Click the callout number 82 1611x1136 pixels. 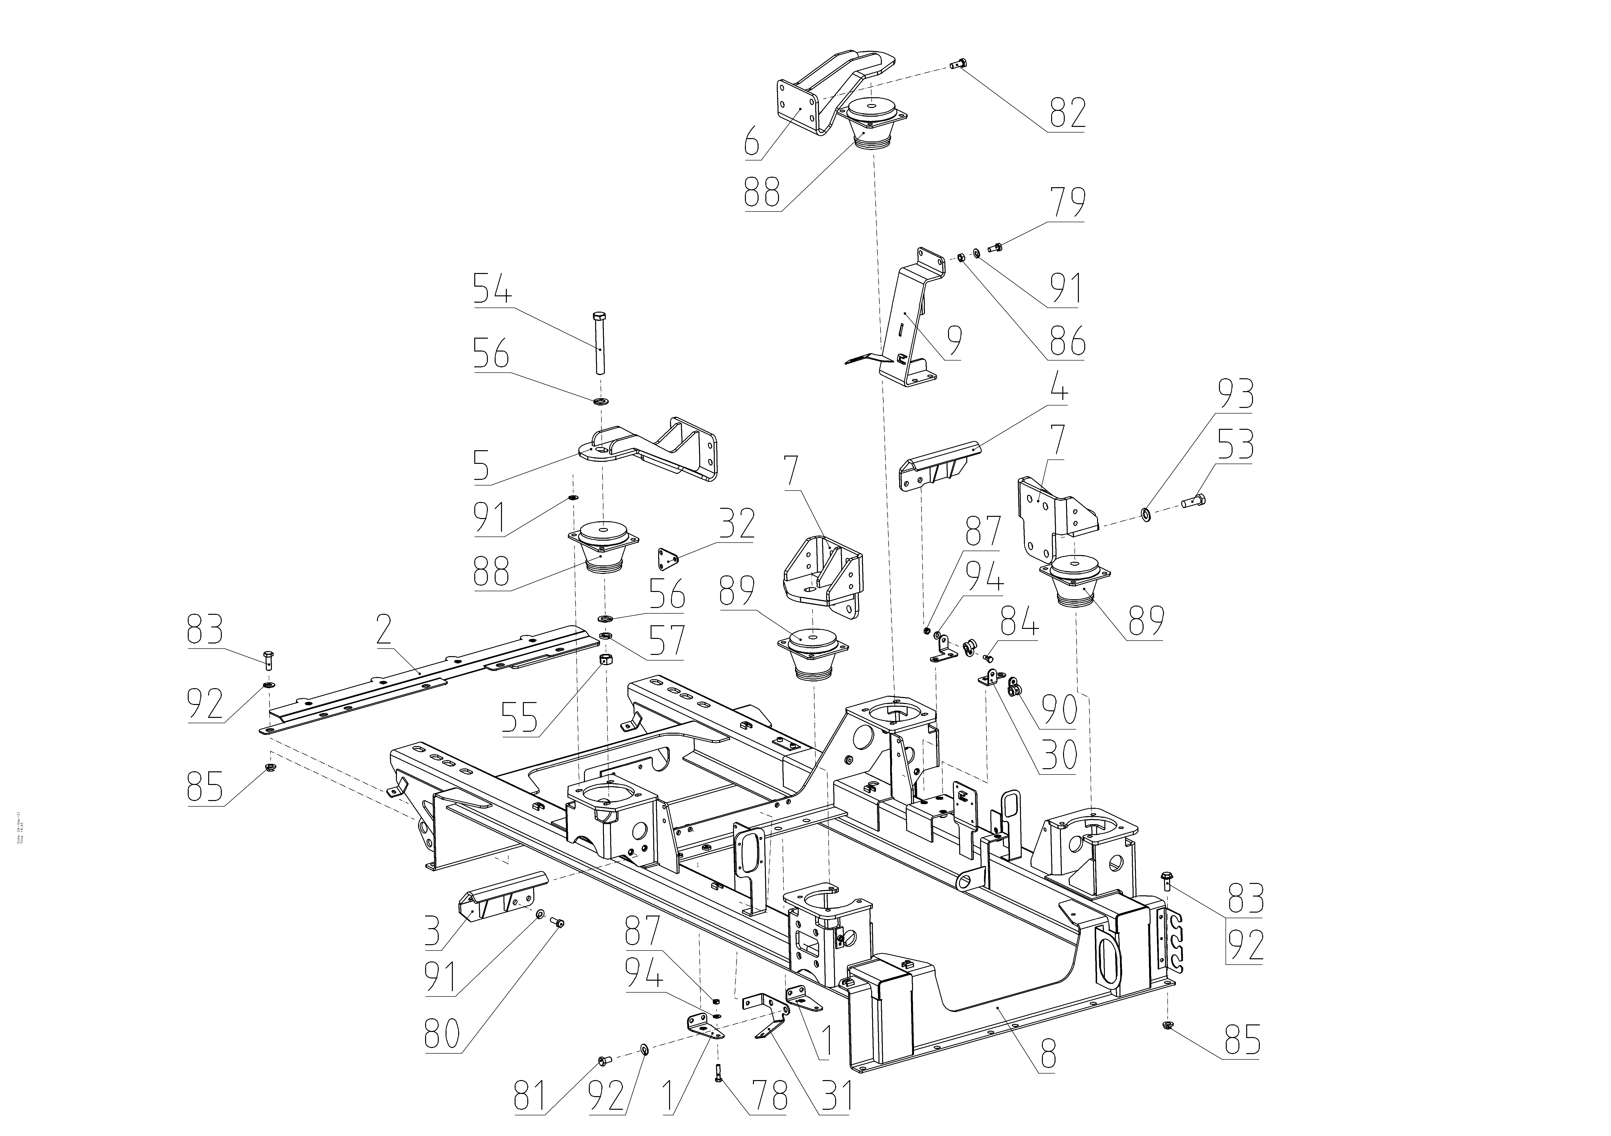point(1067,112)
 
